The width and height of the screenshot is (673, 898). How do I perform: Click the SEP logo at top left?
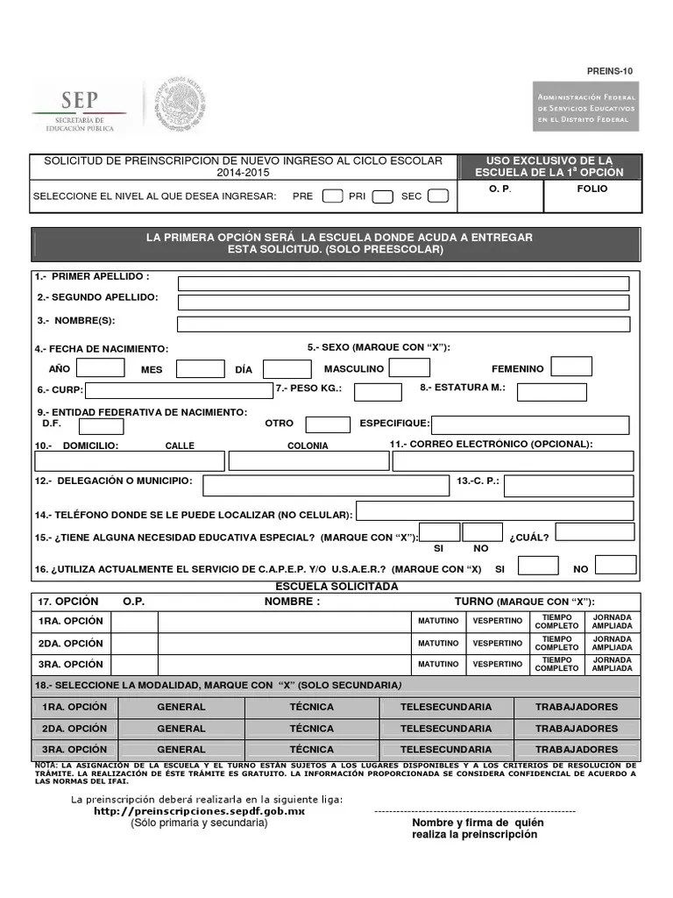click(x=79, y=108)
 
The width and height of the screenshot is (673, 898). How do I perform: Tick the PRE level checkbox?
click(x=332, y=196)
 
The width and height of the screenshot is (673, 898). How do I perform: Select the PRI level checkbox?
click(x=382, y=196)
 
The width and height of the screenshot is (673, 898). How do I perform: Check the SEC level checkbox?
click(x=438, y=196)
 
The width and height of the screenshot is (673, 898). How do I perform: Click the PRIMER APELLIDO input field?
click(x=403, y=283)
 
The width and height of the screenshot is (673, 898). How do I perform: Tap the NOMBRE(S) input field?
click(x=403, y=324)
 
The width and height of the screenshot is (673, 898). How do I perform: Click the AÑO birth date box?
click(x=101, y=367)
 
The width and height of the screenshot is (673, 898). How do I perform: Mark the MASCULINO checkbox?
click(x=409, y=367)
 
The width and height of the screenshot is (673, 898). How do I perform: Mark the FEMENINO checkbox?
click(x=571, y=367)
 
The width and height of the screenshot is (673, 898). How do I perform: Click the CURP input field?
click(x=179, y=390)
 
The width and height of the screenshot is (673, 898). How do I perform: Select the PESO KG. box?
click(x=378, y=391)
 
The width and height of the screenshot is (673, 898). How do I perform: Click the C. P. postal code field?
click(x=568, y=486)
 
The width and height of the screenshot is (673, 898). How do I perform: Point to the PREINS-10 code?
click(x=610, y=71)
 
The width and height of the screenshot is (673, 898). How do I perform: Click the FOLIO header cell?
click(x=592, y=189)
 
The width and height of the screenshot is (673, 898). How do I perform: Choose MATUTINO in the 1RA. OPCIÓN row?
click(x=438, y=622)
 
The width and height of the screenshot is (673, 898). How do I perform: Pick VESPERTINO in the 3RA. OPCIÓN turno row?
click(x=498, y=664)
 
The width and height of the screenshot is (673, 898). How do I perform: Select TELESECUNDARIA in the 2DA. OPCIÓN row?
click(x=446, y=729)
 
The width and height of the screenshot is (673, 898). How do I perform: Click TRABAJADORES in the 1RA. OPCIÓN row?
click(x=577, y=707)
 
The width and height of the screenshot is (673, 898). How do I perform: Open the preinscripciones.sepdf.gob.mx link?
click(x=200, y=812)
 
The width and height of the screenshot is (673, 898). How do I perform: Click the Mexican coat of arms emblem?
click(x=181, y=106)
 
